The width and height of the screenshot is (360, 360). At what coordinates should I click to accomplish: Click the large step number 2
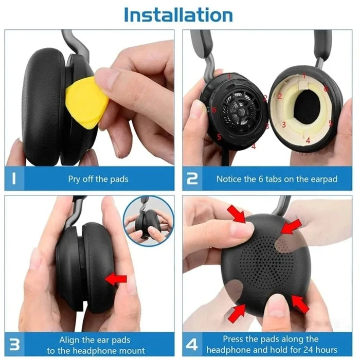pyautogui.click(x=192, y=179)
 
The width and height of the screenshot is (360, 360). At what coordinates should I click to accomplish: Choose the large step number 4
pyautogui.click(x=193, y=344)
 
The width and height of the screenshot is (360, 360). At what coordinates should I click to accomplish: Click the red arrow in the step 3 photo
pyautogui.click(x=116, y=279)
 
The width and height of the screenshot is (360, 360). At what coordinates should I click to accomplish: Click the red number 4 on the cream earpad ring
pyautogui.click(x=308, y=139)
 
